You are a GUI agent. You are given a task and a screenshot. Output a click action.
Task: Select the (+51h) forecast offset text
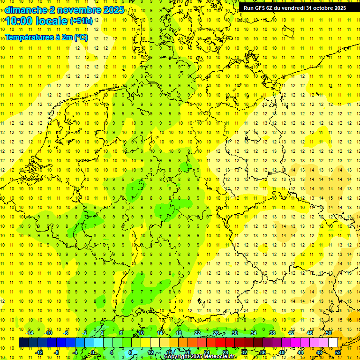pos(81,21)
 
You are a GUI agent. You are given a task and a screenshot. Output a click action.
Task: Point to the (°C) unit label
pos(80,37)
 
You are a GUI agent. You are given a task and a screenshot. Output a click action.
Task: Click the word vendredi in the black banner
pos(294,8)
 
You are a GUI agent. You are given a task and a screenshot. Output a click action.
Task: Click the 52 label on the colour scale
pos(338,352)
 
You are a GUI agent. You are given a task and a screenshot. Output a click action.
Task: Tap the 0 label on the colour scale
pos(93,352)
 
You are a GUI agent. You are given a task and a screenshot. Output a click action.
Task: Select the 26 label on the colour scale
pos(216,333)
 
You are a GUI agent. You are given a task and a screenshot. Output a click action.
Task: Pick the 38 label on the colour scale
pos(272,333)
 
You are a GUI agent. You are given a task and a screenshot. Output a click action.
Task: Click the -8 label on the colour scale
pos(57,352)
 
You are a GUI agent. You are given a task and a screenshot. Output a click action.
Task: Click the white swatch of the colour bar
pos(333,343)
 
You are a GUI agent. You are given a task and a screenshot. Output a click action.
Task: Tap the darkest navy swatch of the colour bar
pos(23,343)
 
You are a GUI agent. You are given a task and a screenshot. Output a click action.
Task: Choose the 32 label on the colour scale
pos(244,352)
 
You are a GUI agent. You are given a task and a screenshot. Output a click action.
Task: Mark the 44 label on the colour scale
pos(300,352)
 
